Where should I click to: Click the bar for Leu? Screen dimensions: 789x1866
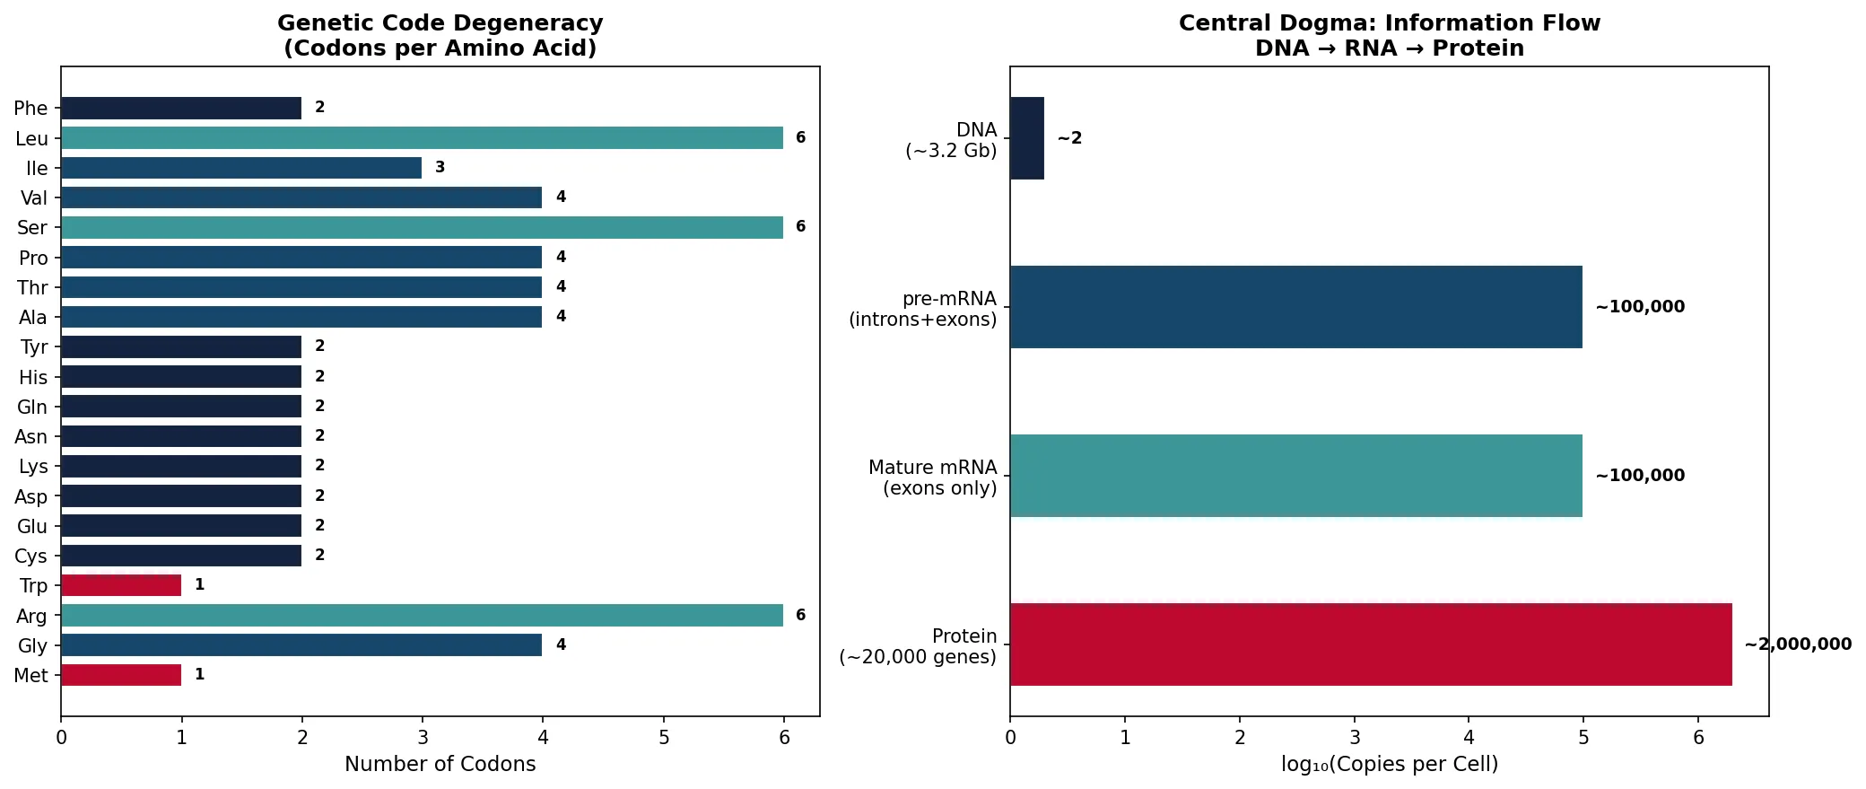click(422, 137)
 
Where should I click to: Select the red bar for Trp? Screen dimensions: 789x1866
click(121, 585)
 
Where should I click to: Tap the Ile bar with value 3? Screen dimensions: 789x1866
click(241, 168)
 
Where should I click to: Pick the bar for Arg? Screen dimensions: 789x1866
click(422, 615)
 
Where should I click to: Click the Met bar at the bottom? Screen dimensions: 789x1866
click(121, 675)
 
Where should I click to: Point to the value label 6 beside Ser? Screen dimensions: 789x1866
click(800, 227)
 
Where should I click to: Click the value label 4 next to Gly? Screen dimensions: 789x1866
click(561, 644)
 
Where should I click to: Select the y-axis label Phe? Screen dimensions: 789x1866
click(31, 109)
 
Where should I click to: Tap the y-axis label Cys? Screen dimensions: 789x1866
click(31, 557)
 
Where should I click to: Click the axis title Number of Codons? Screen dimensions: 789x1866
click(440, 764)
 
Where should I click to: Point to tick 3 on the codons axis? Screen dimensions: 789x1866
click(423, 738)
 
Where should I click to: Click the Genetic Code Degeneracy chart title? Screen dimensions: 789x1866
click(440, 35)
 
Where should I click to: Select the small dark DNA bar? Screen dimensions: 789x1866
click(1027, 138)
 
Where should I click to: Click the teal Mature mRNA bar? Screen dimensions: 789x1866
click(1295, 476)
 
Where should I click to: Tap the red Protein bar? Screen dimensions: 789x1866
click(1370, 644)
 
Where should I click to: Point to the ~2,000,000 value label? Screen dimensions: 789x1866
click(1797, 644)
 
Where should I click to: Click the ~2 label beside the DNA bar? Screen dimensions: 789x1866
click(1069, 138)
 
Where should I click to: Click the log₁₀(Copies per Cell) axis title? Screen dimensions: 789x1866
click(1389, 764)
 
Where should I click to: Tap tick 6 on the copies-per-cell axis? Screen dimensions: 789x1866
click(1698, 738)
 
